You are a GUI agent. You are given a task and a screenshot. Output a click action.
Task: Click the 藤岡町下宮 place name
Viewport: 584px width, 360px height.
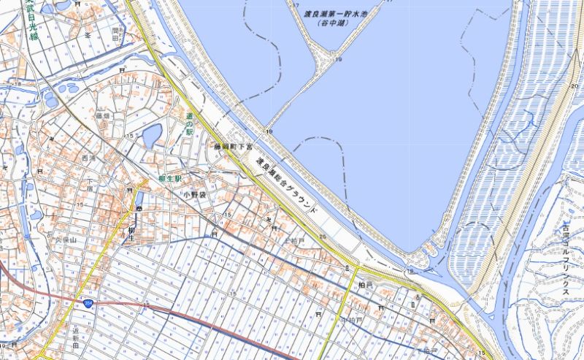pyautogui.click(x=231, y=147)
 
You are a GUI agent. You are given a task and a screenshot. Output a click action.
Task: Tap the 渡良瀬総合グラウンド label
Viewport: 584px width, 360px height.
pyautogui.click(x=286, y=184)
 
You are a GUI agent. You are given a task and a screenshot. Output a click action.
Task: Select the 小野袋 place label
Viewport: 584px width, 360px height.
pyautogui.click(x=195, y=195)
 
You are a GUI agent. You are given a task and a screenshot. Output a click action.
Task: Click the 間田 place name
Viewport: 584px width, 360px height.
pyautogui.click(x=115, y=34)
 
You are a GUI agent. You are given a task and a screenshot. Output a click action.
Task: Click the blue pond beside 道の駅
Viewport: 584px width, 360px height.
pyautogui.click(x=152, y=135)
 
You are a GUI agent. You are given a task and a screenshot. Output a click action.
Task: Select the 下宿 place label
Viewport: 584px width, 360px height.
pyautogui.click(x=90, y=185)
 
